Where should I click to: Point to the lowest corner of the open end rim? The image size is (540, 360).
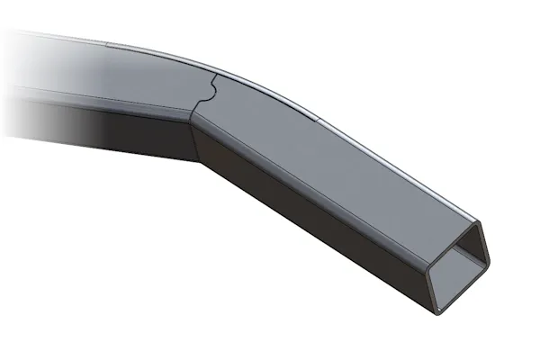click(438, 311)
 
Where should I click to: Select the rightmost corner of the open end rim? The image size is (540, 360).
click(492, 264)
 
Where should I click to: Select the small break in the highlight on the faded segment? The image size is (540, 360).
click(105, 43)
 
